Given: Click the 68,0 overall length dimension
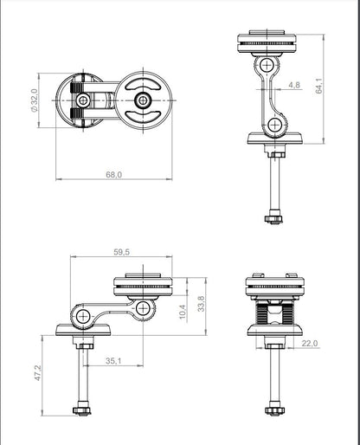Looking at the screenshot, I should (x=113, y=174).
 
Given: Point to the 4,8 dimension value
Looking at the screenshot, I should (x=294, y=85).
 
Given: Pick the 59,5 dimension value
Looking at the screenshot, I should (x=120, y=252).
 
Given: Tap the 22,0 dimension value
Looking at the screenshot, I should (x=311, y=344).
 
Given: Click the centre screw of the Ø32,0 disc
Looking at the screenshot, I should (x=82, y=101).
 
